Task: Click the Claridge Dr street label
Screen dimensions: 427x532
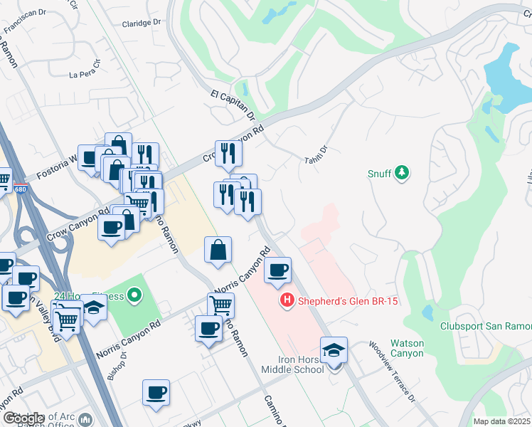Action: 142,23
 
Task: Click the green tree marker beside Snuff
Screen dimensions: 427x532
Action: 403,173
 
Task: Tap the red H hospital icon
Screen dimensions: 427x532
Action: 287,301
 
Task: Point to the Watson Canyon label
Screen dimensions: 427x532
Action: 407,348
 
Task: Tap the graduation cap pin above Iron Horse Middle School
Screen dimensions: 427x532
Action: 334,350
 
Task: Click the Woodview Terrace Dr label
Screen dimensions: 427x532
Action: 392,370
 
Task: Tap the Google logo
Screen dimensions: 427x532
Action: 23,418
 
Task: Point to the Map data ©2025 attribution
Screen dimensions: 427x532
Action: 502,421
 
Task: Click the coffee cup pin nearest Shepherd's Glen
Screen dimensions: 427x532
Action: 277,270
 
